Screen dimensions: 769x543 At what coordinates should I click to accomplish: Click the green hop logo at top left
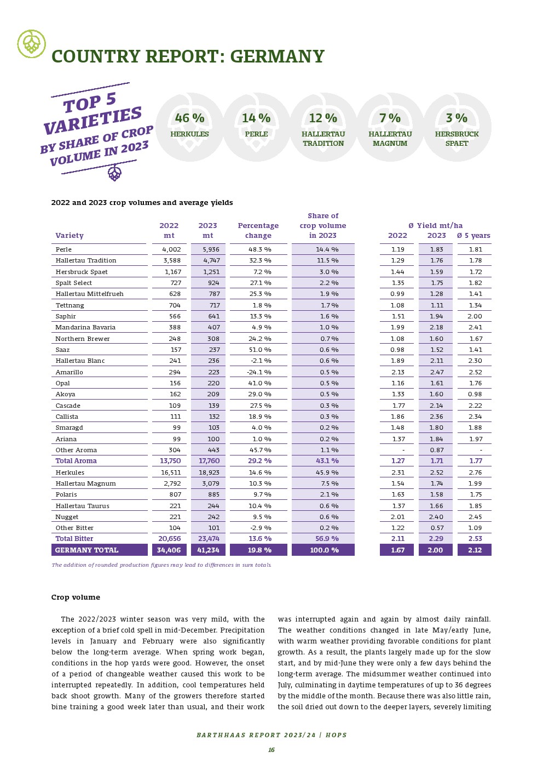tap(31, 44)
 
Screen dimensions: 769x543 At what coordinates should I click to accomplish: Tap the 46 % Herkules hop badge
tap(190, 127)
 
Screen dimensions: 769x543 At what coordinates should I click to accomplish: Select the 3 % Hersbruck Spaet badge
tap(457, 127)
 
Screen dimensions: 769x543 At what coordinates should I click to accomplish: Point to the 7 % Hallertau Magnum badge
tap(390, 127)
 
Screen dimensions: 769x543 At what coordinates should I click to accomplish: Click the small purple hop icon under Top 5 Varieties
tap(115, 174)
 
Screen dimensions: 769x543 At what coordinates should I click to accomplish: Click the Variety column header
tap(70, 236)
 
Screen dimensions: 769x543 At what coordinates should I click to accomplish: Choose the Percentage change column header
tap(258, 230)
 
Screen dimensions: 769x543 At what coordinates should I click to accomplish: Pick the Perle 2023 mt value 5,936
tap(211, 249)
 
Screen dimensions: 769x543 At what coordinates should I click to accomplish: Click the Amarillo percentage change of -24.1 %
tap(259, 372)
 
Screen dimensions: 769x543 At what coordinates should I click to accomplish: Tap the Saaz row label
tap(62, 350)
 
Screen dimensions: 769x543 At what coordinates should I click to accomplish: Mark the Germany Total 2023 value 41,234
tap(209, 550)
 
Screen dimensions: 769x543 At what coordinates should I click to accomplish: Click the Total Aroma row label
tap(76, 461)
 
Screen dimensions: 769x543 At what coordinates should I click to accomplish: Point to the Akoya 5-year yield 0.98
tap(475, 394)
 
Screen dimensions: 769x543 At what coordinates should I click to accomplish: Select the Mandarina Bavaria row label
tap(85, 327)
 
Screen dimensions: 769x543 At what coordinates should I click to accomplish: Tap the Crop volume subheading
tap(76, 597)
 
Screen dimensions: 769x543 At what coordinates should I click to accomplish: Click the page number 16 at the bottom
tap(271, 750)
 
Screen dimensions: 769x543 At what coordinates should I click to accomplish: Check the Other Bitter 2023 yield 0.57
tap(437, 528)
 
